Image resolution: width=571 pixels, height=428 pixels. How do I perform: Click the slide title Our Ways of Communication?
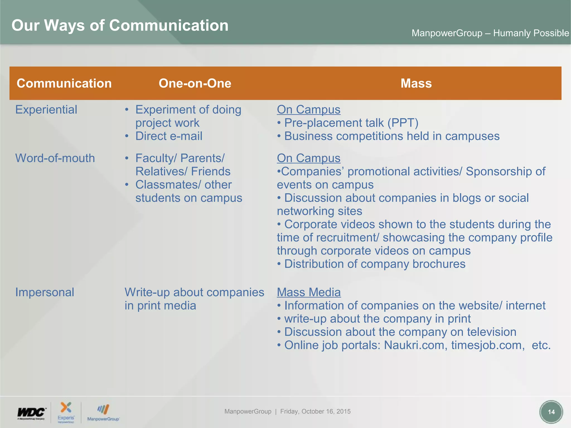click(120, 26)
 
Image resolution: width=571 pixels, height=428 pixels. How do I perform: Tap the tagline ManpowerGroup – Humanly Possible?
click(490, 33)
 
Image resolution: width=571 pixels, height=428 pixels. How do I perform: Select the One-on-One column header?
click(195, 83)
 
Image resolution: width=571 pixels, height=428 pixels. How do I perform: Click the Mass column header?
click(416, 83)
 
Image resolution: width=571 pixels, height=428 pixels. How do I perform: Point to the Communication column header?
click(64, 83)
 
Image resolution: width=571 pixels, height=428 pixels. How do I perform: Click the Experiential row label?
click(46, 110)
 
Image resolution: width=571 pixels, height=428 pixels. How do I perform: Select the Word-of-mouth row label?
click(55, 158)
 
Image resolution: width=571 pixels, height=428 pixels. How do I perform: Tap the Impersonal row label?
click(45, 292)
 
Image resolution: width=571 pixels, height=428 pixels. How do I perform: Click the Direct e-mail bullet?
click(169, 136)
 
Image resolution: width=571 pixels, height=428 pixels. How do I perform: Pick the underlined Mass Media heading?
click(309, 292)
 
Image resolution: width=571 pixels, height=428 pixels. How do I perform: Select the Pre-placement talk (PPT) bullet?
click(351, 123)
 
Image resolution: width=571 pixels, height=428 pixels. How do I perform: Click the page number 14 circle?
click(551, 412)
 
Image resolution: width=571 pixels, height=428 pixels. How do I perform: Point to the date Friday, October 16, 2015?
click(315, 412)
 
